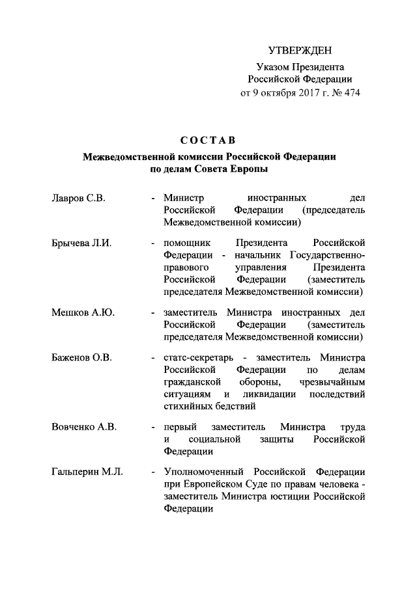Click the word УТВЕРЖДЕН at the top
coord(300,51)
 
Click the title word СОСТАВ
coord(208,140)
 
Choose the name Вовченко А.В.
coord(83,427)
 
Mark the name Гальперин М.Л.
coord(87,472)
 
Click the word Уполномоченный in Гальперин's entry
coord(204,472)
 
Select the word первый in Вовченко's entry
coord(180,427)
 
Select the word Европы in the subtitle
coord(250,169)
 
